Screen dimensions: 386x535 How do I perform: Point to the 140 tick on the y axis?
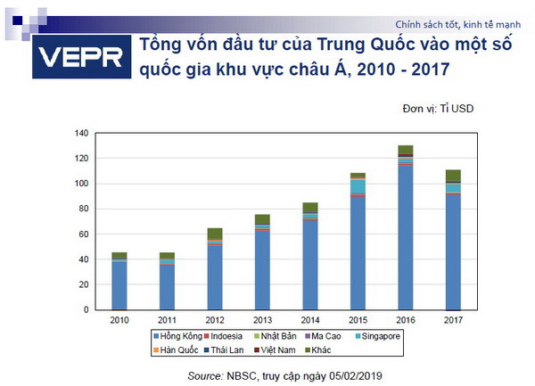coord(82,133)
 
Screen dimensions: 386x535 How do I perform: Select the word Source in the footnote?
coord(206,377)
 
